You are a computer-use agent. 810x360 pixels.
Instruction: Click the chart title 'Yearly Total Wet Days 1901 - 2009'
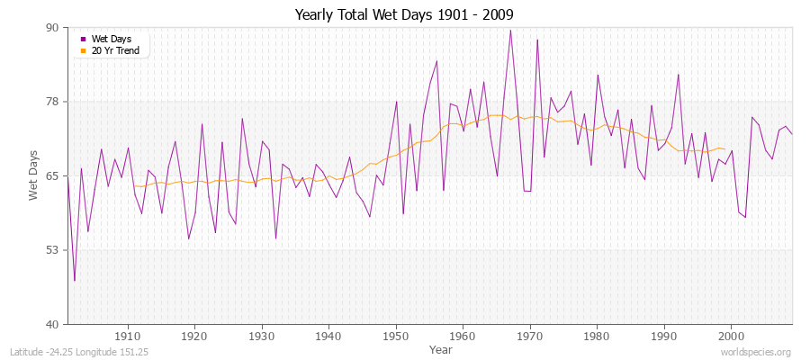coord(404,14)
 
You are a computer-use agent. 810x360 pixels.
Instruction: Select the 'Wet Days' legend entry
coord(111,39)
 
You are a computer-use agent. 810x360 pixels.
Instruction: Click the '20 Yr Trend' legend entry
coord(115,49)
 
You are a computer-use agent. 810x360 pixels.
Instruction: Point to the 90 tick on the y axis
coord(52,28)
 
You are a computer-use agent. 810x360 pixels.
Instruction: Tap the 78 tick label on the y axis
coord(52,102)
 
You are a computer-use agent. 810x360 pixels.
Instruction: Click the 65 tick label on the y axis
coord(52,175)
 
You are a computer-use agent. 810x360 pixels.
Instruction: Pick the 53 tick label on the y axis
coord(52,249)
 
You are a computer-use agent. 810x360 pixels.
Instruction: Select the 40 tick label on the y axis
coord(52,324)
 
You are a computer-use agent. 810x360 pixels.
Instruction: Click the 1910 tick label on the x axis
coord(128,337)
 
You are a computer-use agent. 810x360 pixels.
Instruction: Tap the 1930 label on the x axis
coord(262,337)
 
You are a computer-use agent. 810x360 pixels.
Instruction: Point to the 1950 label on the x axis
coord(396,337)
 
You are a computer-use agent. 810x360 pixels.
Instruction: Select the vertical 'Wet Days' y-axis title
coord(33,175)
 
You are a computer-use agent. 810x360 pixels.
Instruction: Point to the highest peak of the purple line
coord(510,30)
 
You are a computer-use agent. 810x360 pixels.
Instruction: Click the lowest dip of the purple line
coord(75,281)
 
